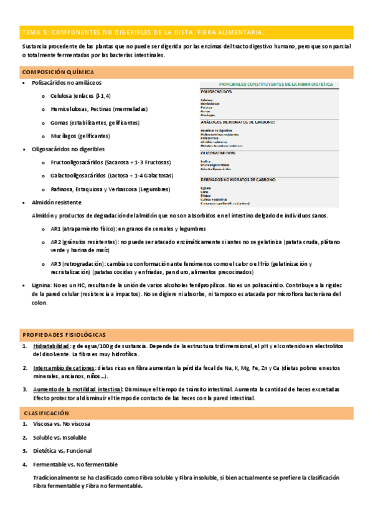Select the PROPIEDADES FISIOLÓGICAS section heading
[64, 334]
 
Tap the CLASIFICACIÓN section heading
[46, 413]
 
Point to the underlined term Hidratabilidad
[51, 346]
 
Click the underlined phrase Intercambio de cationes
[61, 369]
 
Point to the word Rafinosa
[64, 189]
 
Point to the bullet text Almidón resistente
[56, 202]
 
